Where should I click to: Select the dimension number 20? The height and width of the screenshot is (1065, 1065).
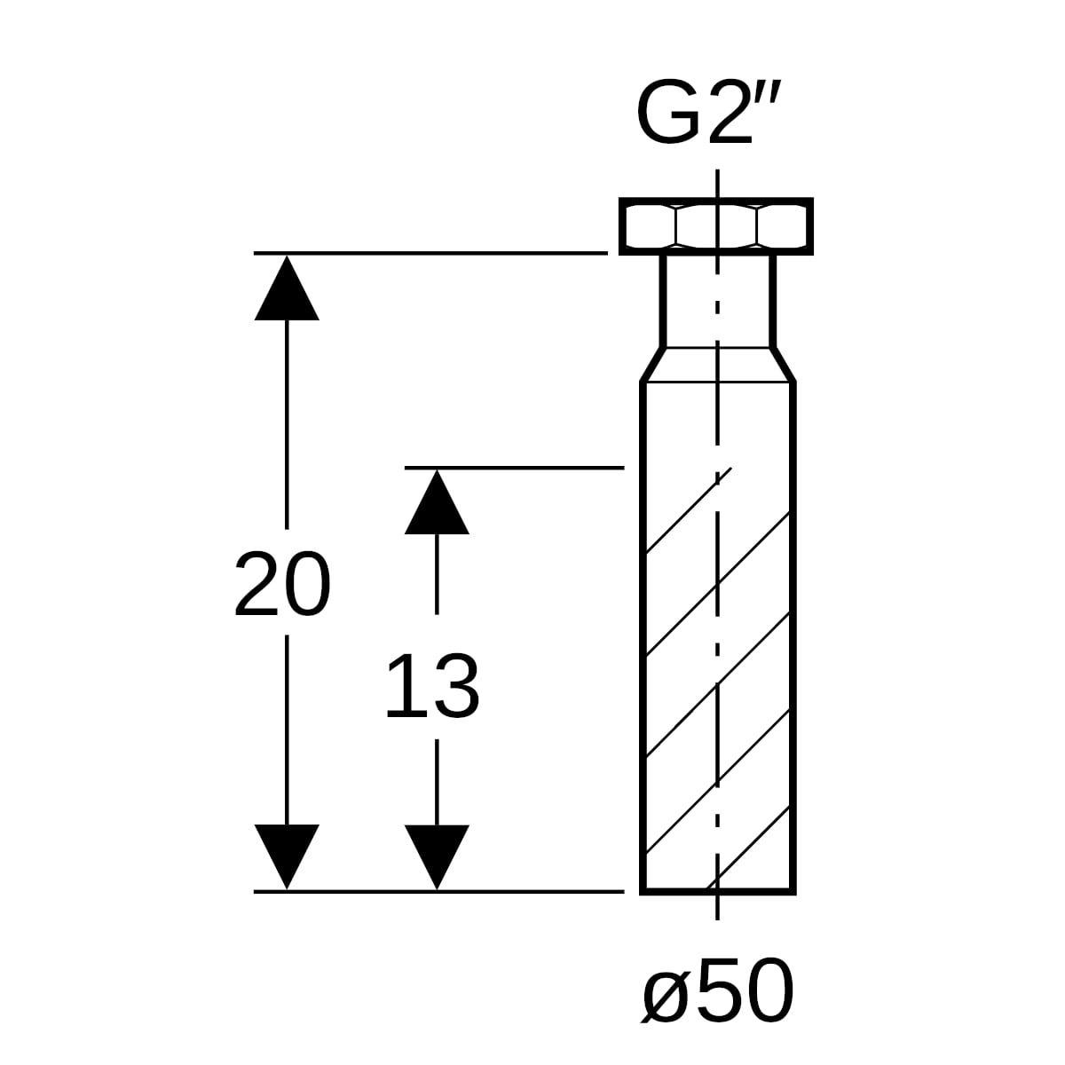[x=282, y=584]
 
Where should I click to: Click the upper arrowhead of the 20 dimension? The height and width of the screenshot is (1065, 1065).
[x=287, y=288]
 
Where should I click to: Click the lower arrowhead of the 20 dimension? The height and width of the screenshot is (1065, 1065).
[x=287, y=856]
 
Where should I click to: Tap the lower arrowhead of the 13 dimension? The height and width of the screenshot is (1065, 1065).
[x=437, y=856]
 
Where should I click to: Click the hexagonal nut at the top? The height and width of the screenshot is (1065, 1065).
[x=715, y=226]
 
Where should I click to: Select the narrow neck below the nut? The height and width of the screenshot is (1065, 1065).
[x=718, y=301]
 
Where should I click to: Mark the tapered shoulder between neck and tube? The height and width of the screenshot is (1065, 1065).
[x=718, y=364]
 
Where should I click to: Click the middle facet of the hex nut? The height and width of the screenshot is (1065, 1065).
[x=716, y=226]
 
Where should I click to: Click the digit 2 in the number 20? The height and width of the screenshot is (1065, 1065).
[x=257, y=584]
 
